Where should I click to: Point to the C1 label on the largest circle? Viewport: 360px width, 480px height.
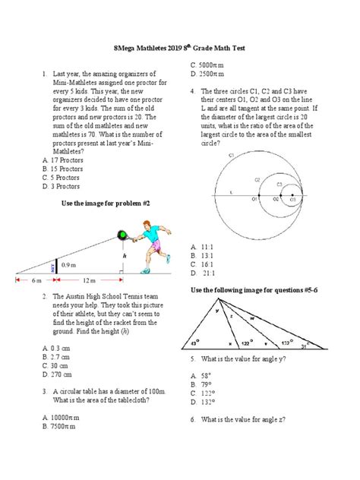click(x=231, y=155)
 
